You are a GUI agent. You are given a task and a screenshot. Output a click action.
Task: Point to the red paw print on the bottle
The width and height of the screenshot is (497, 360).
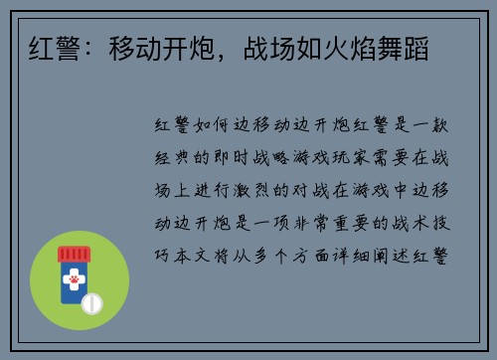point(73,282)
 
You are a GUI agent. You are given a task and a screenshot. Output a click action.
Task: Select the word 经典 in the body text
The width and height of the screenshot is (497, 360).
point(170,157)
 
